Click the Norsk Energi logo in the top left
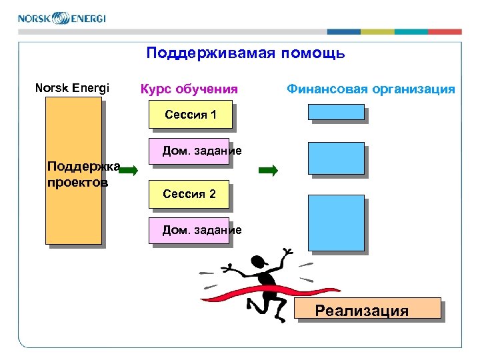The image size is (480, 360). [x=61, y=17]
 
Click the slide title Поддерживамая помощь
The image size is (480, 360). [x=245, y=53]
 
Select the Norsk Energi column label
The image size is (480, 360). [x=72, y=88]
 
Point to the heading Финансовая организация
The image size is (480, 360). [x=371, y=89]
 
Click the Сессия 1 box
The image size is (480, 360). [x=190, y=114]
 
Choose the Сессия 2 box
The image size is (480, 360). [x=190, y=194]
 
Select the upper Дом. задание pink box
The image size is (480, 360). [x=190, y=151]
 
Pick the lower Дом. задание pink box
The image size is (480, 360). [x=190, y=231]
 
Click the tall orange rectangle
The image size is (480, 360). [x=73, y=213]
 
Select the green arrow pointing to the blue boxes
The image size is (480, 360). [x=267, y=171]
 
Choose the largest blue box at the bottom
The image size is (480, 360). [x=336, y=223]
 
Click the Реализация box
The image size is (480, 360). [x=367, y=310]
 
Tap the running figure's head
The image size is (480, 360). [x=257, y=262]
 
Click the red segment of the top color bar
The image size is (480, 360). [x=445, y=31]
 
